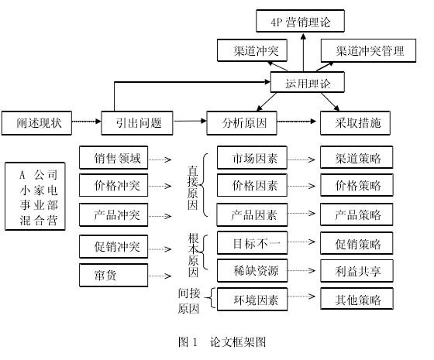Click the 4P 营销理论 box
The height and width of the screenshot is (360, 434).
coord(301,21)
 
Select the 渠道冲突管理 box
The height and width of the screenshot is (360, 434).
coord(368,50)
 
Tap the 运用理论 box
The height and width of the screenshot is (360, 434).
coord(308,82)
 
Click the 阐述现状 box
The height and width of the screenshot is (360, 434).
coord(36,123)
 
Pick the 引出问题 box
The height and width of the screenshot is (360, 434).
coord(137,123)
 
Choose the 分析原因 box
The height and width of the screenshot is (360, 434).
coord(242,123)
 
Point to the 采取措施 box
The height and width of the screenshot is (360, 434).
coord(356,123)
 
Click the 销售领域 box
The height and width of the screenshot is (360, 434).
coord(114,158)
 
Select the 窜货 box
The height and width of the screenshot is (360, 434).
coord(114,275)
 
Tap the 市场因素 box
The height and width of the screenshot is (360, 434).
coord(252,158)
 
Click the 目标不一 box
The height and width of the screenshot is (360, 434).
coord(252,243)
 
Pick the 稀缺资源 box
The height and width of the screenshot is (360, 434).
coord(252,271)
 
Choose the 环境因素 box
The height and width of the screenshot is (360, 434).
coord(252,299)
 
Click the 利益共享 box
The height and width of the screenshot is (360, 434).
coord(356,271)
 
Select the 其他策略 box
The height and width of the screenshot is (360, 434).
coord(356,299)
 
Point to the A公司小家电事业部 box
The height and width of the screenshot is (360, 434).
coord(35,197)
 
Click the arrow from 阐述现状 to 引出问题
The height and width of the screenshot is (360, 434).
coord(86,121)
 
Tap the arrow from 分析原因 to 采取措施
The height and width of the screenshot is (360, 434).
coord(297,121)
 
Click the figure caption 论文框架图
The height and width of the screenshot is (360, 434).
coord(238,342)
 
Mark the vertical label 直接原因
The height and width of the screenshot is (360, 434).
coord(193,187)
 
